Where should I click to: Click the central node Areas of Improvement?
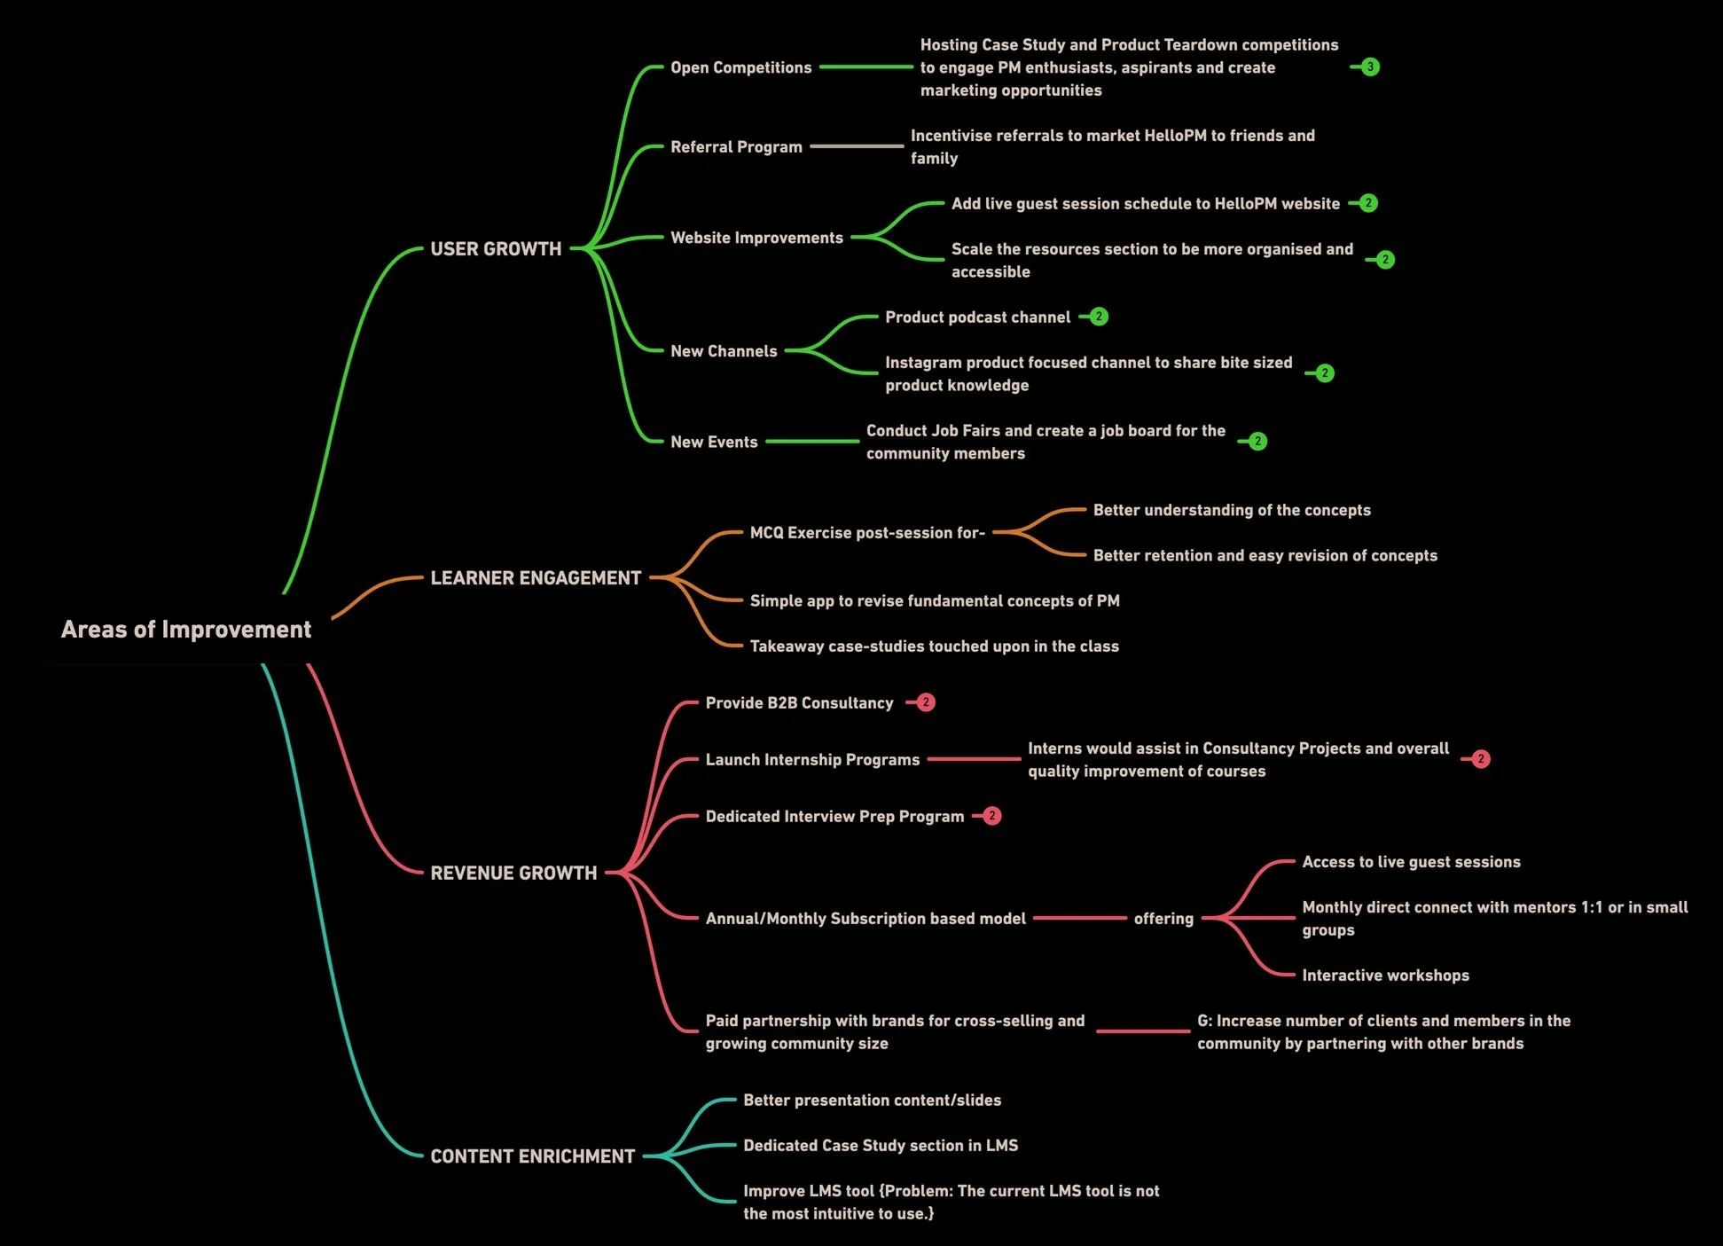[x=186, y=629]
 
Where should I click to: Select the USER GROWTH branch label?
[x=496, y=248]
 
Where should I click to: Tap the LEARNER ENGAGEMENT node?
[x=536, y=577]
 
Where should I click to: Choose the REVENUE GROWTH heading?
[x=513, y=873]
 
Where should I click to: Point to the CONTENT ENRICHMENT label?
[x=532, y=1156]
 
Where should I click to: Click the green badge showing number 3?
[x=1370, y=67]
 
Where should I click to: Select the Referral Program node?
[x=736, y=146]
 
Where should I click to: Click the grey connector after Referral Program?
[x=857, y=146]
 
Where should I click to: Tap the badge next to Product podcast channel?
[x=1099, y=317]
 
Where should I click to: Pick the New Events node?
[x=714, y=442]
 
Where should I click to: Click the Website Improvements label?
[x=756, y=238]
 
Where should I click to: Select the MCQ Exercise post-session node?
[x=867, y=532]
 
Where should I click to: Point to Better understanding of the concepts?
[x=1232, y=510]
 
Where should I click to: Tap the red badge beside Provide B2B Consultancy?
[x=926, y=702]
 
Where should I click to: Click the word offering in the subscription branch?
[x=1163, y=918]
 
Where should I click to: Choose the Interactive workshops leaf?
[x=1385, y=975]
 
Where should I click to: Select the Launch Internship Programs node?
[x=812, y=759]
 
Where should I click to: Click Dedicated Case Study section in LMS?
[x=881, y=1145]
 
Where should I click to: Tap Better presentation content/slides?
[x=872, y=1100]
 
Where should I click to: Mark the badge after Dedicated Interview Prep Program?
[x=992, y=816]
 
